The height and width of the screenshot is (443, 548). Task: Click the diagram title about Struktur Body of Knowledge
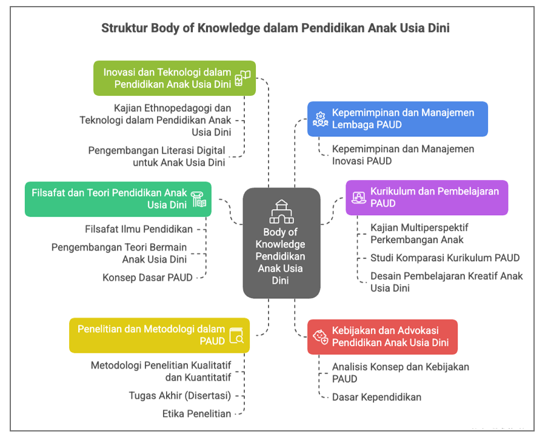[x=275, y=28]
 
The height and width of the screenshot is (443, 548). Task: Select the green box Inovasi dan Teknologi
[x=174, y=78]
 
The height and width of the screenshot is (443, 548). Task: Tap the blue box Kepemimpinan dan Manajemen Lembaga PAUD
[x=397, y=119]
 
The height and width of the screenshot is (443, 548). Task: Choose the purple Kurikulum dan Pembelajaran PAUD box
[x=427, y=197]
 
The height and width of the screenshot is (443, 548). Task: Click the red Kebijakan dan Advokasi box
[x=382, y=337]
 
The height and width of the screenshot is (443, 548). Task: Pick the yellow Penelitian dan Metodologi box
[x=159, y=335]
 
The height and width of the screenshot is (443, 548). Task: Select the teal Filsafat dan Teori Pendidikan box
[x=118, y=199]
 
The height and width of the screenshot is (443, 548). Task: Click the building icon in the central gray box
[x=281, y=212]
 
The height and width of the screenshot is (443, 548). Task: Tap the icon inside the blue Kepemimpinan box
[x=319, y=119]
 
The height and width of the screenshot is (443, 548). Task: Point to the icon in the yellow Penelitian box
[x=236, y=336]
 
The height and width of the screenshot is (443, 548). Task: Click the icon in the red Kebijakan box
[x=319, y=337]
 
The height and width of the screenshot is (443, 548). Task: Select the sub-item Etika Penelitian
[x=196, y=414]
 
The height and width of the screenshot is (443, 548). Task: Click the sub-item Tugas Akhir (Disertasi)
[x=179, y=396]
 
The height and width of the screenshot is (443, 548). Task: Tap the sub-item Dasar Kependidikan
[x=376, y=397]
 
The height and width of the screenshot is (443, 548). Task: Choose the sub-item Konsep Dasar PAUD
[x=147, y=278]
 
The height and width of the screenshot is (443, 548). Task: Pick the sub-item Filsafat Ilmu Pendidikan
[x=139, y=229]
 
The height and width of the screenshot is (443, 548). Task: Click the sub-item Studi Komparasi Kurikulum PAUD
[x=445, y=258]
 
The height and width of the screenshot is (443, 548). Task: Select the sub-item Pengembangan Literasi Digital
[x=156, y=156]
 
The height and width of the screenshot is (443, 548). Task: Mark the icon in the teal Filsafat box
[x=199, y=199]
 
